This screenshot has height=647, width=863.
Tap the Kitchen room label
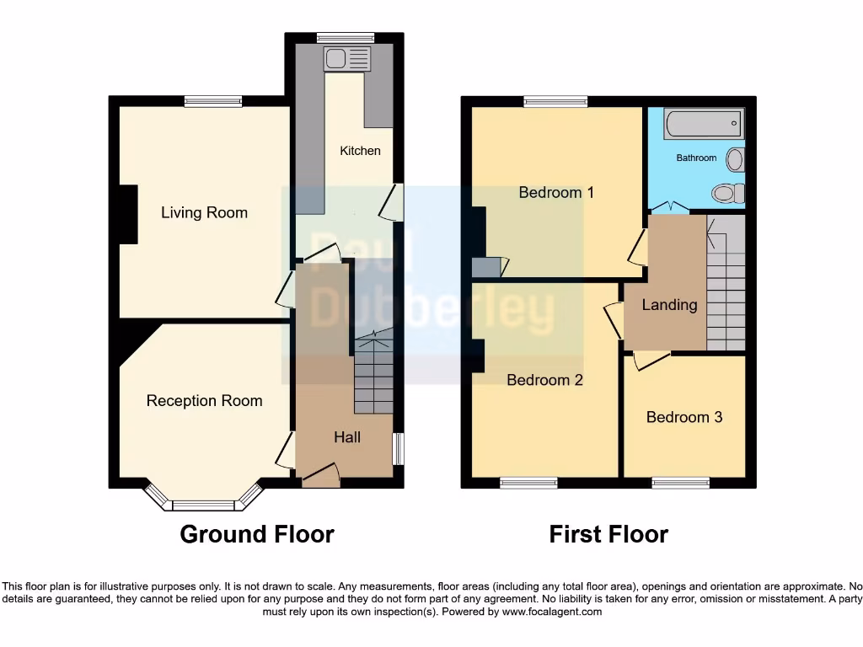coord(360,151)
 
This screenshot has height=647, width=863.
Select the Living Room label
coord(204,212)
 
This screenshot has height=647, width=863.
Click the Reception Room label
coord(204,401)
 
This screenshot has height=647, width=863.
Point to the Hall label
coord(347,436)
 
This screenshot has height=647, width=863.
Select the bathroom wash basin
coord(735,159)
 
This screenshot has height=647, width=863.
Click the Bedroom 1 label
coord(556,192)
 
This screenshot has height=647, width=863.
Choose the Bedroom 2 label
coord(544,380)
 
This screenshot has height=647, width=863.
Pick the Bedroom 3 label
coord(683,417)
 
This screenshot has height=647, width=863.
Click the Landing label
coord(669,305)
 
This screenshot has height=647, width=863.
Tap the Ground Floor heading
coord(257,534)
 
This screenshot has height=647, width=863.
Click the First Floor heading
coord(608,534)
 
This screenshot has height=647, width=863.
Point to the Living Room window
coord(213,101)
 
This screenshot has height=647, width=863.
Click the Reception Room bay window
coord(202,505)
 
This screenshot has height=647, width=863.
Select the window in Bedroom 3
coord(681,483)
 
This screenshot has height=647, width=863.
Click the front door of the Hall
coord(320,476)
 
